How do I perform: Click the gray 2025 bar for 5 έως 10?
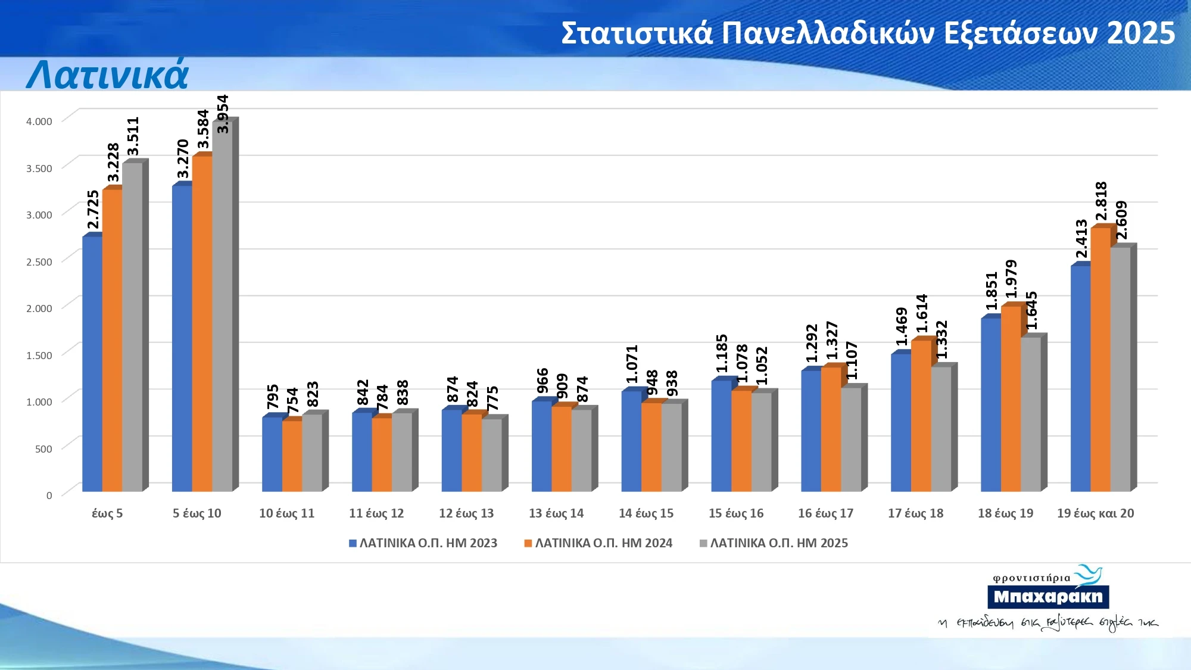tap(222, 307)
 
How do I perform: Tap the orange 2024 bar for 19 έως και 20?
tap(1100, 360)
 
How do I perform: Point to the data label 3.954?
tap(223, 114)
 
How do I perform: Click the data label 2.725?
tap(93, 209)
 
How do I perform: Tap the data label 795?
tap(273, 397)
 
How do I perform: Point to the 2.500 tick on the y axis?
tap(39, 262)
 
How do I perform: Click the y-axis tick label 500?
tap(43, 449)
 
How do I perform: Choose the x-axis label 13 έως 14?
tap(556, 513)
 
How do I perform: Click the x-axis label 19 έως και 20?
tap(1095, 513)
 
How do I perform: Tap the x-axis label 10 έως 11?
tap(286, 513)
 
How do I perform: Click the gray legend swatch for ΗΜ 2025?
tap(703, 543)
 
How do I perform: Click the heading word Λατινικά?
tap(107, 76)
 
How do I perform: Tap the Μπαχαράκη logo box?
tap(1048, 597)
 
